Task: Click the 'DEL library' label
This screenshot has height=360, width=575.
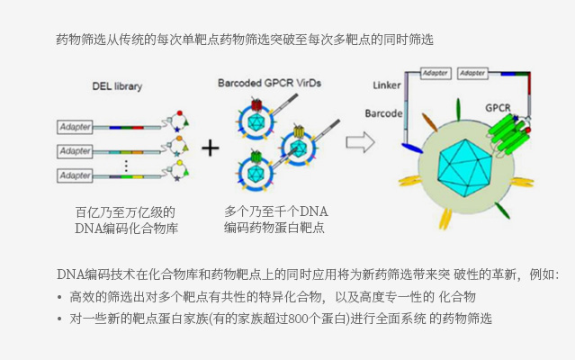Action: click(117, 86)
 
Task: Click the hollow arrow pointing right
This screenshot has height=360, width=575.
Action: click(360, 141)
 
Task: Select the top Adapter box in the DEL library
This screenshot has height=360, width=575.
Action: click(76, 127)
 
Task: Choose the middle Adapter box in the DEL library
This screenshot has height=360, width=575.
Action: click(76, 149)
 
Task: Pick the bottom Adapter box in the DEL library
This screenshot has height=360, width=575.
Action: click(76, 175)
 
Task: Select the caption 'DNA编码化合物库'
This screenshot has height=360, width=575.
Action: click(126, 229)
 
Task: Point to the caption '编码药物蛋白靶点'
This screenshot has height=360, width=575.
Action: click(274, 229)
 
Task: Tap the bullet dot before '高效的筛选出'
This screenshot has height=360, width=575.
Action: click(59, 297)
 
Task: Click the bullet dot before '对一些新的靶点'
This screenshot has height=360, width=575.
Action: click(59, 319)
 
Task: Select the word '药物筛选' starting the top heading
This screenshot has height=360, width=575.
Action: click(76, 40)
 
